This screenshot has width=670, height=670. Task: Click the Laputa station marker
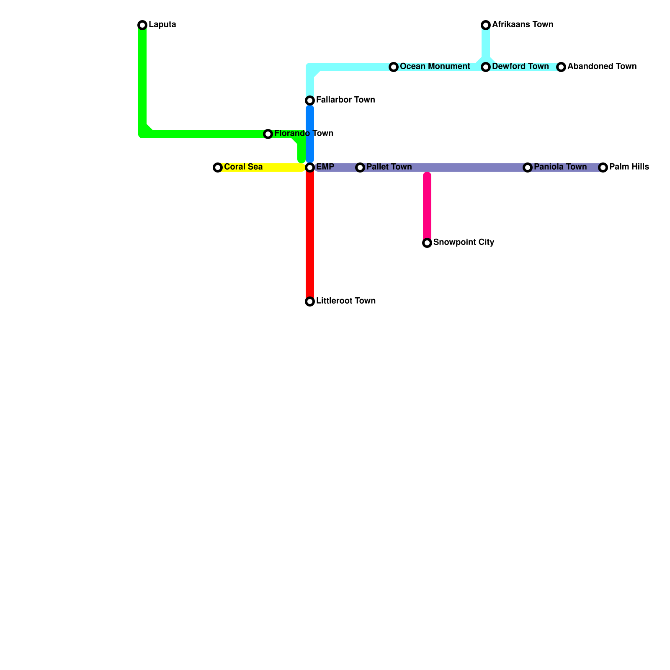coord(142,25)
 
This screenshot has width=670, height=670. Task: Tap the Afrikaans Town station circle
coord(486,25)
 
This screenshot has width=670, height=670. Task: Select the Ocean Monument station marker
coord(394,67)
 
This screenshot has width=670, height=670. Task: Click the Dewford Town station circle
coord(486,67)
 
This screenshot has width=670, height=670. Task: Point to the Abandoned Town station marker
coord(561,67)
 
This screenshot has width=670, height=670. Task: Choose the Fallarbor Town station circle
coord(310,100)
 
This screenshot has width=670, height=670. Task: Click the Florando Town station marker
coord(268,134)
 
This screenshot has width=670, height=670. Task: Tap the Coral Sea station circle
coord(218,167)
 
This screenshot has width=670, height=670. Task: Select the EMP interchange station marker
coord(310,167)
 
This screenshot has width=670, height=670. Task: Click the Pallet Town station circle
coord(360,167)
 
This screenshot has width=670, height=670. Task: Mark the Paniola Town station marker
coord(528,167)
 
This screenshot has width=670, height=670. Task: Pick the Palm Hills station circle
coord(603,167)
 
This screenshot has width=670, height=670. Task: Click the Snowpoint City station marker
coord(427,243)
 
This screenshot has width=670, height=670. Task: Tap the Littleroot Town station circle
coord(310,301)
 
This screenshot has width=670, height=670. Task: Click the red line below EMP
coord(310,234)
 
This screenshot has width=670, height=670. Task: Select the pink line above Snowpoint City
coord(427,205)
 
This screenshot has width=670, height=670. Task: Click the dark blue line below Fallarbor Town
coord(310,134)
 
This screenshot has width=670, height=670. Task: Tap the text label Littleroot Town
coord(345,301)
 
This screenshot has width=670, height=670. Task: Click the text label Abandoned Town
coord(602,67)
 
